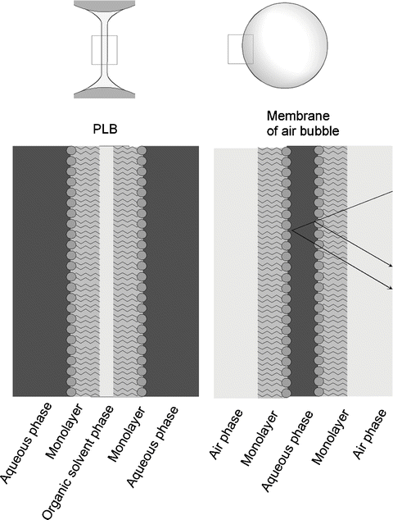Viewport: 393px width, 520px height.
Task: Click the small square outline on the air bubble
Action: [240, 48]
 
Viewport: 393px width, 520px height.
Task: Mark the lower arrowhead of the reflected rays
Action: [391, 289]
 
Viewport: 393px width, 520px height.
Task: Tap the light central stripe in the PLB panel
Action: [106, 271]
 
